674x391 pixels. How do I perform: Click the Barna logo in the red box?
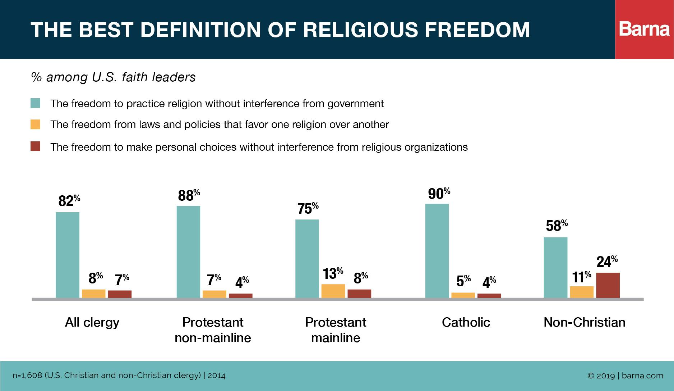coord(645,29)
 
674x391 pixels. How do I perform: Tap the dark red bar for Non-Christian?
coord(608,285)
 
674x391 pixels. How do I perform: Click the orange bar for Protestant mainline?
coord(333,291)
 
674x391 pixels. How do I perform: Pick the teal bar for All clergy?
coord(68,255)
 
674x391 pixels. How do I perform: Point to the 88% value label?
coord(189,195)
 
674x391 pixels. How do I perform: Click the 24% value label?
coord(607,262)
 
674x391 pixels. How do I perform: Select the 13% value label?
coord(333,274)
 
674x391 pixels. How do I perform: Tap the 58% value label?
coord(557,226)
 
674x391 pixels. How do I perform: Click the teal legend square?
coord(35,104)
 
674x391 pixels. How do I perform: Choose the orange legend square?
coord(35,124)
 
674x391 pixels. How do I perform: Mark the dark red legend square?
coord(35,147)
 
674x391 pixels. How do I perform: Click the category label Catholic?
coord(466,322)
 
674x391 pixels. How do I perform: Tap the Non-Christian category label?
coord(584,322)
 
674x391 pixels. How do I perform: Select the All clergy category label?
coord(92,322)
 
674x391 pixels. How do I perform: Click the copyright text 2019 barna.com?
coord(625,376)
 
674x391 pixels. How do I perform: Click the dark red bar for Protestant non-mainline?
coord(240,296)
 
